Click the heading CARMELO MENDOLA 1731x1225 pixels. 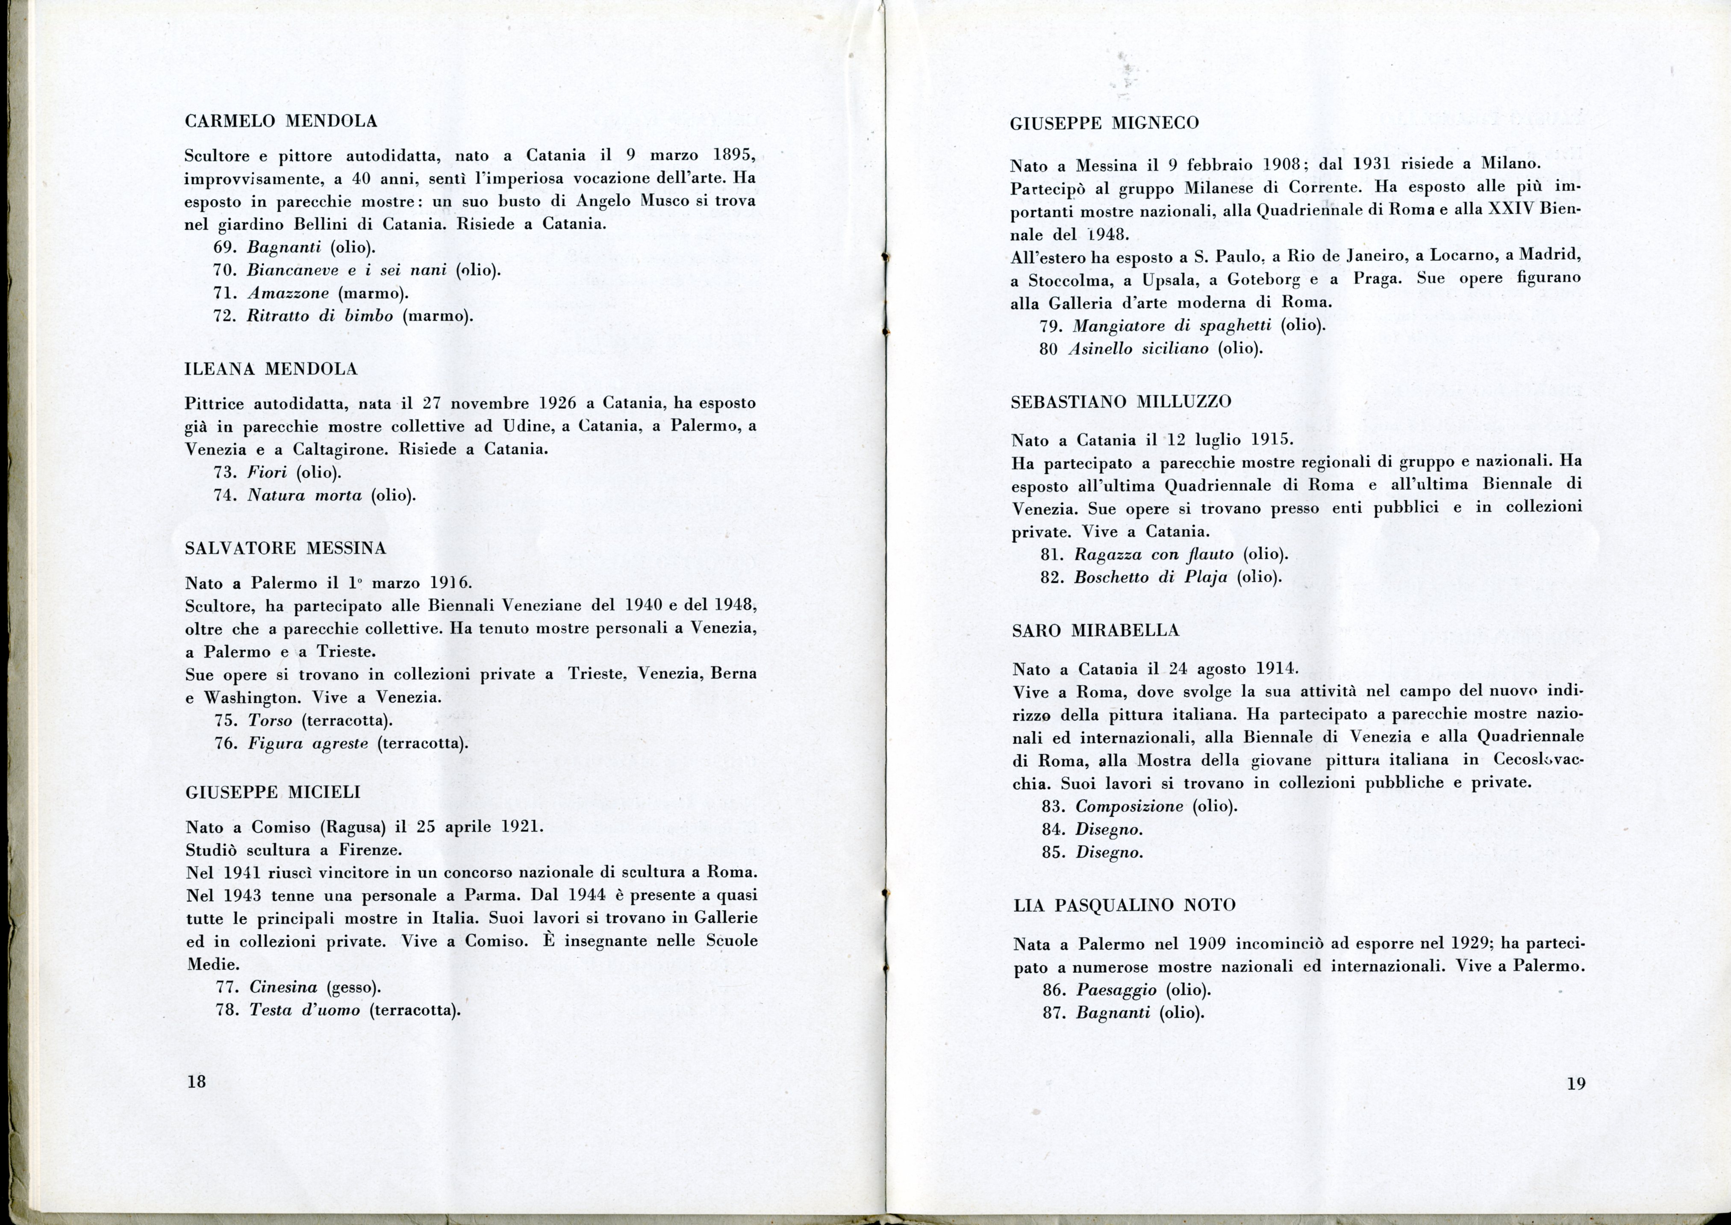point(280,121)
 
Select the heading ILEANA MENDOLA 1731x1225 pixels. point(271,369)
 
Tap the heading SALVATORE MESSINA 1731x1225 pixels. point(285,548)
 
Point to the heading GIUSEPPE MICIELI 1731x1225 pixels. point(273,792)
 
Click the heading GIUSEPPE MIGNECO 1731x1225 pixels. point(1104,123)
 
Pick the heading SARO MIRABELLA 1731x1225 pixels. point(1095,630)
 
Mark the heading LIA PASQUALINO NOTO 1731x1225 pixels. point(1125,905)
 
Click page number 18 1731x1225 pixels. point(196,1081)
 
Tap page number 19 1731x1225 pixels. point(1575,1083)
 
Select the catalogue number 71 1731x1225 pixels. point(226,293)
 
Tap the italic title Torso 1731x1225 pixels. point(270,720)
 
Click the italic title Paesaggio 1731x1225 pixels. point(1116,989)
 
